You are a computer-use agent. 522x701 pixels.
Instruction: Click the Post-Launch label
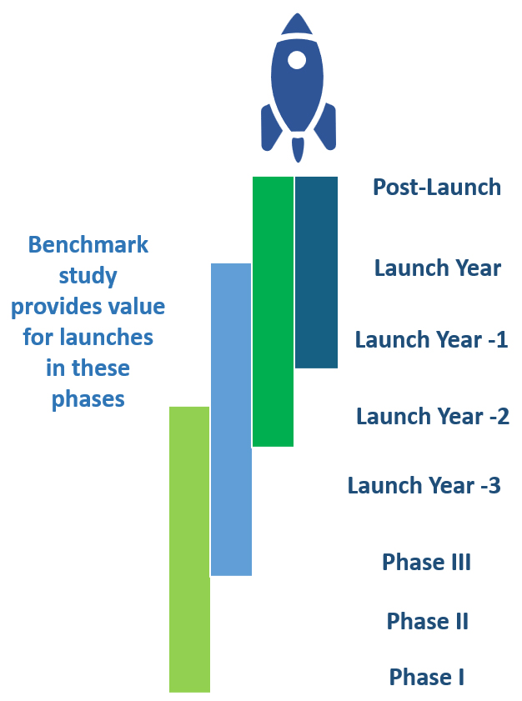tap(437, 187)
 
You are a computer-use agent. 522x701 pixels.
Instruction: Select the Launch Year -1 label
tap(432, 339)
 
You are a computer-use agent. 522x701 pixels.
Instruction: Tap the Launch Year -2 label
tap(433, 416)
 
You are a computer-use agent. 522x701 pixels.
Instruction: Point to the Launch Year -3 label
tap(424, 485)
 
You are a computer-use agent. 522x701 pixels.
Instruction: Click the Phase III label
tap(427, 562)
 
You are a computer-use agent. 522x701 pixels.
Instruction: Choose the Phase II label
tap(428, 621)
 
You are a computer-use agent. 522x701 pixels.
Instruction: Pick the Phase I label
tap(427, 677)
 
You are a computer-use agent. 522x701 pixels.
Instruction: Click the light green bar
tap(189, 549)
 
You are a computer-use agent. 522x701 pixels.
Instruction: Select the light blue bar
tap(231, 419)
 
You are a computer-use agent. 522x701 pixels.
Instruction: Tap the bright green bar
tap(273, 312)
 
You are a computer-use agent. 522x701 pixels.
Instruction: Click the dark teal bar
tap(316, 273)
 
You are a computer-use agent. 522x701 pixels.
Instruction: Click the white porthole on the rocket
tap(297, 60)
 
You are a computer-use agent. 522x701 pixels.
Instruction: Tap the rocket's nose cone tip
tap(298, 14)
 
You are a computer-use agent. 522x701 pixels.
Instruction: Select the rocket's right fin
tap(326, 128)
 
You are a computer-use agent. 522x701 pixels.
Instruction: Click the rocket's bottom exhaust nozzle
tap(298, 149)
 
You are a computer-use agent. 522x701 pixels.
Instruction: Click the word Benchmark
tap(88, 244)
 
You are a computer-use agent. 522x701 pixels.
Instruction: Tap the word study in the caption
tap(88, 276)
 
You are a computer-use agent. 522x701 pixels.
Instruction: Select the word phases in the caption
tap(88, 398)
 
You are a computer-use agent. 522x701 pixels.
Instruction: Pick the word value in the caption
tap(138, 306)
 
